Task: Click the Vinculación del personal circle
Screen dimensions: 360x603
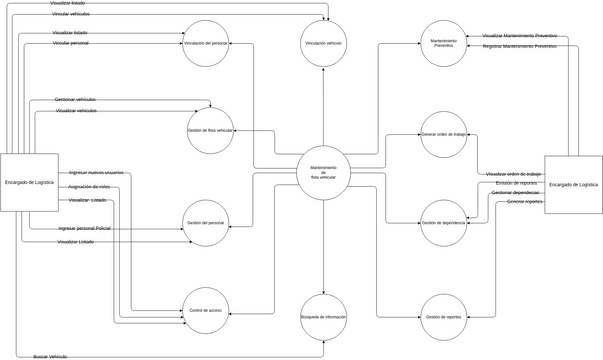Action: tap(207, 43)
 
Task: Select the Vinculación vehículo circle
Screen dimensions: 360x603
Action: tap(323, 43)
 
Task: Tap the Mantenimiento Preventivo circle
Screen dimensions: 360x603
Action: tap(443, 43)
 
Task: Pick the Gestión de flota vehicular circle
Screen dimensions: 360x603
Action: tap(210, 131)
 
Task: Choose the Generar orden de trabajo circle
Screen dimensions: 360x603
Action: tap(443, 134)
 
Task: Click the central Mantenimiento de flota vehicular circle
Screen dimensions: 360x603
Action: tap(323, 172)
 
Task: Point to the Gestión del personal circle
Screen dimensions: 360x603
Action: tap(206, 222)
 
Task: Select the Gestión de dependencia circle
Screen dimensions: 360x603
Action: tap(443, 222)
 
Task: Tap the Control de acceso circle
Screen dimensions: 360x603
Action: tap(206, 311)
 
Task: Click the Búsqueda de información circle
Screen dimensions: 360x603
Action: tap(323, 316)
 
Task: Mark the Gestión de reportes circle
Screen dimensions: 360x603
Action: tap(443, 316)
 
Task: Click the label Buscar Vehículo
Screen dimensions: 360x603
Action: tap(50, 356)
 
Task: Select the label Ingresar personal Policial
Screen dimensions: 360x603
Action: tap(84, 229)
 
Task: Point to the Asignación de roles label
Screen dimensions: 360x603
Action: tap(89, 187)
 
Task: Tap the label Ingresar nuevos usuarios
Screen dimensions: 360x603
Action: tap(96, 173)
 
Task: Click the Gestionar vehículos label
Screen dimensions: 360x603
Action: tap(76, 100)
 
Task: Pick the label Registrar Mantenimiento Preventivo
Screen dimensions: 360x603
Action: tap(519, 46)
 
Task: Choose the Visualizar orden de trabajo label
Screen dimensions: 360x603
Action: tap(513, 174)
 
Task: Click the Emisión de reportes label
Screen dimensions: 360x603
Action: tap(515, 183)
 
